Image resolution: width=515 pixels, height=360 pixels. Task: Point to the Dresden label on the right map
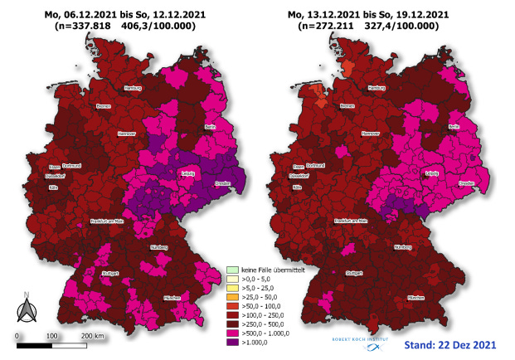tap(466, 182)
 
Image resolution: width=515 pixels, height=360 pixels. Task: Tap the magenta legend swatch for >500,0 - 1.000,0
tap(232, 331)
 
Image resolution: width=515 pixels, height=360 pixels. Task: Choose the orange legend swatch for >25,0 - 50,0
tap(232, 296)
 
